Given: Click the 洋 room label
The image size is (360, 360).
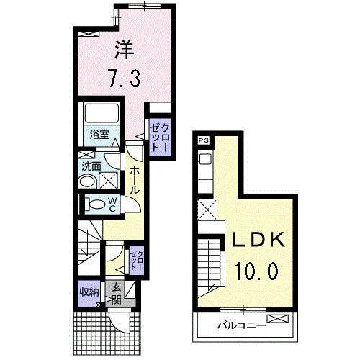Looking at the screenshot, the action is point(124,50).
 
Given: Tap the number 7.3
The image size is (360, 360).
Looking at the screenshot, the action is point(124,77).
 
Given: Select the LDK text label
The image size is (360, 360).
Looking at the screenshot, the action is point(259,240).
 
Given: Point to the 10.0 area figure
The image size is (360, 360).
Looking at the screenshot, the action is point(257,271).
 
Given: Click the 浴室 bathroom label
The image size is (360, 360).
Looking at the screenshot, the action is point(99,135).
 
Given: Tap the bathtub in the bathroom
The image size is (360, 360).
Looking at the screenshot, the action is point(102,114).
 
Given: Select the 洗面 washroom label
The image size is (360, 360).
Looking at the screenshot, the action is point(91,166).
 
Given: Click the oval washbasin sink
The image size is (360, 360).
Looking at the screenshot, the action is point(88,181).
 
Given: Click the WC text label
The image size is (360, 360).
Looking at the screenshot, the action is point(112,204).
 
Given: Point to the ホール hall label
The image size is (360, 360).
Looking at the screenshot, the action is point(135,181).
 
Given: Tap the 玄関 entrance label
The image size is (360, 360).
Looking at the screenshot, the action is point(117,294).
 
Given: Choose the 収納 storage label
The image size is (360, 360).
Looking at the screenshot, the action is point(89,292).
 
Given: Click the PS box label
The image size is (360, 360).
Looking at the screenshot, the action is point(204,140).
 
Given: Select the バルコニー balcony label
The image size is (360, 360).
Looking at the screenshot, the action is point(241,325).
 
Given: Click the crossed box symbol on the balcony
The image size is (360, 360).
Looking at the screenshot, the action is point(278,319).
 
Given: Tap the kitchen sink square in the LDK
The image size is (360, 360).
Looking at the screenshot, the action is point(205,159).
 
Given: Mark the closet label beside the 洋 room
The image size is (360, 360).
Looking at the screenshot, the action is point(160,137).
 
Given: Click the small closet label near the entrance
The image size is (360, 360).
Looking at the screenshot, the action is point(137,261).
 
